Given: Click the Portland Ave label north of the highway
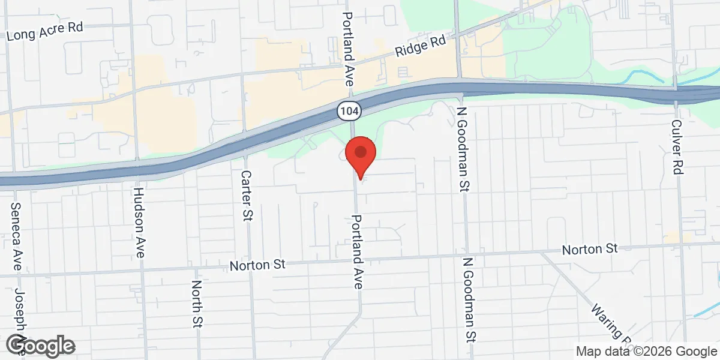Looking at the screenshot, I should (349, 36).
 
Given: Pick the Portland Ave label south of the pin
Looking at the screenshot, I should (357, 252).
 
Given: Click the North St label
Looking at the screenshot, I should (196, 304).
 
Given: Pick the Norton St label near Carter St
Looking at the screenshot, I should (259, 264).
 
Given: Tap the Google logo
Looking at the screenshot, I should (41, 346).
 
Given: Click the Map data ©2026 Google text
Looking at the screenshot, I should (646, 351).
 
